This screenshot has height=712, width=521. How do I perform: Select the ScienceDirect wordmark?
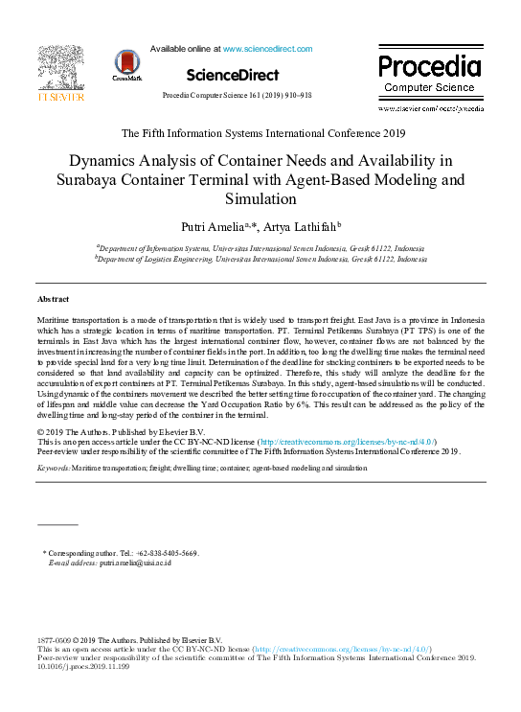click(233, 75)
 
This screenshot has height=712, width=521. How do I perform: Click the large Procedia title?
click(428, 66)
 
